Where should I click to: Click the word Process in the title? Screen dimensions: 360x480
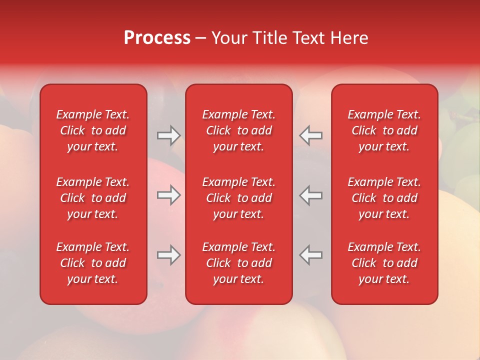coord(157,38)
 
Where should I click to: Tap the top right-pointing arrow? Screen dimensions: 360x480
coord(168,135)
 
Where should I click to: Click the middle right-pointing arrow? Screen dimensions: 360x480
coord(168,195)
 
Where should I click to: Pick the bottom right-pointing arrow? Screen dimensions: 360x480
coord(168,255)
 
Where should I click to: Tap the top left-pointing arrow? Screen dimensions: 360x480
coord(311,135)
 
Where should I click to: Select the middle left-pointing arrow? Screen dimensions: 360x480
coord(311,195)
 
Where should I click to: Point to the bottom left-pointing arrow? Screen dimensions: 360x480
coord(311,255)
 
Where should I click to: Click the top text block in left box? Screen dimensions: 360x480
coord(93,130)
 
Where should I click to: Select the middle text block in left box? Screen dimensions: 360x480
coord(93,198)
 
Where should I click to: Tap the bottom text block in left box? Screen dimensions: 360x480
coord(93,263)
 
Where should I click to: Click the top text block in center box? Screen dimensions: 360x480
coord(239,130)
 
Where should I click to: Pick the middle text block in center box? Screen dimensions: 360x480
coord(239,198)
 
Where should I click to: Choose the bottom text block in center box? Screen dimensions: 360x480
coord(239,263)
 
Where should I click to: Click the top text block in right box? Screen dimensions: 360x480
coord(384,130)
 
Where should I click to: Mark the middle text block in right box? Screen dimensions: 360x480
coord(384,198)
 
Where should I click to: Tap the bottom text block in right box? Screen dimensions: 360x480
coord(384,263)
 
